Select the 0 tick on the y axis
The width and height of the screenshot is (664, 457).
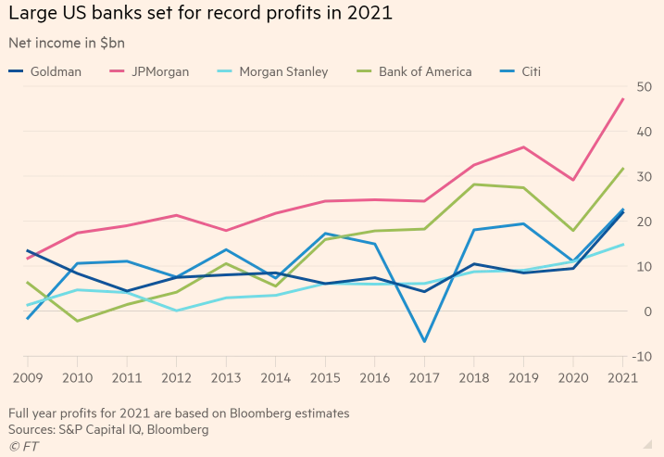tap(646, 311)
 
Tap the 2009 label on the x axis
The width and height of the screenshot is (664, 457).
tap(27, 377)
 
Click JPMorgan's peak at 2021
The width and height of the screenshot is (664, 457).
tap(622, 98)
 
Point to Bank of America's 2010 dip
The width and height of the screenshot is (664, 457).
tap(77, 321)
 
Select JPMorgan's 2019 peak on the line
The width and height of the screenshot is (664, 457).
tap(524, 147)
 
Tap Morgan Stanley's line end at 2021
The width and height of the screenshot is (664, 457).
tap(622, 245)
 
